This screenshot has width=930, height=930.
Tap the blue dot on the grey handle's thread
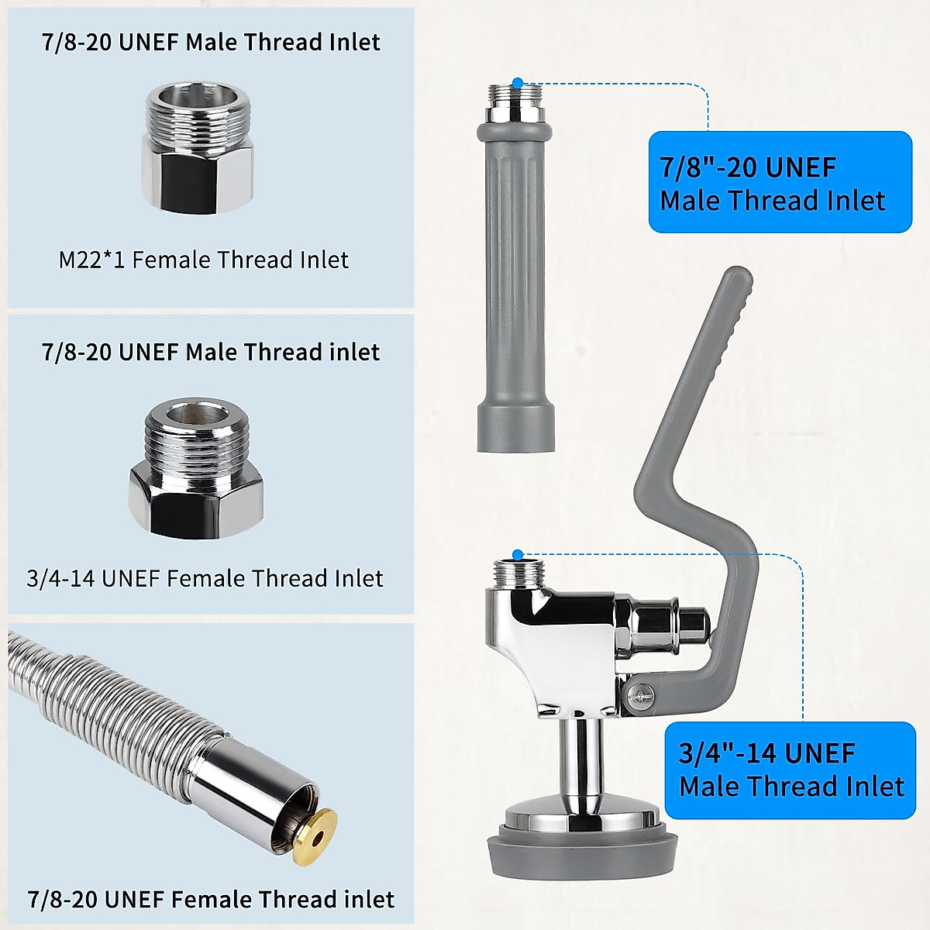518,81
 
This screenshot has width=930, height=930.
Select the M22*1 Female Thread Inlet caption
203,260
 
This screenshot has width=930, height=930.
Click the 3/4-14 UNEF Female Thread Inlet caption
205,579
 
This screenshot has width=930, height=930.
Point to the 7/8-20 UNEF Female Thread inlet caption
211,900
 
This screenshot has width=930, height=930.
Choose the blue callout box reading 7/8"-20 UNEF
780,183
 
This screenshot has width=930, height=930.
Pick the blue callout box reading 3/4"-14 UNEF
790,770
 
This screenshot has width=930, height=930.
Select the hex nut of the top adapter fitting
197,171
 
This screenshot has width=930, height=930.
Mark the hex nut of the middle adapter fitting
196,497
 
